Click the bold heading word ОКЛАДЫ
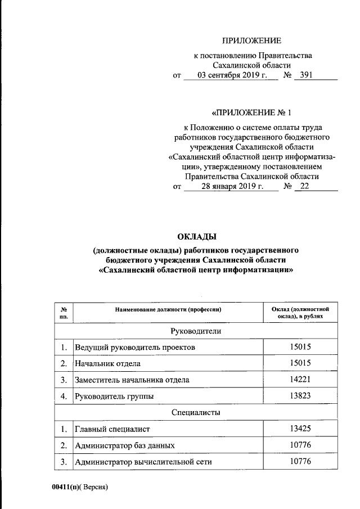tap(196, 236)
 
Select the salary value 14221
tap(300, 380)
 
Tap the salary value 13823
tap(300, 397)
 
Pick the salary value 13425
tap(300, 430)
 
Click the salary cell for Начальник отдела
tap(300, 363)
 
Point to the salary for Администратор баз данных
tap(300, 446)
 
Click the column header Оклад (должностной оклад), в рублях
tap(300, 313)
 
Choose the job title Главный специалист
tap(112, 430)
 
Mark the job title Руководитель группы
tap(114, 397)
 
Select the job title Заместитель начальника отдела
tap(132, 380)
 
